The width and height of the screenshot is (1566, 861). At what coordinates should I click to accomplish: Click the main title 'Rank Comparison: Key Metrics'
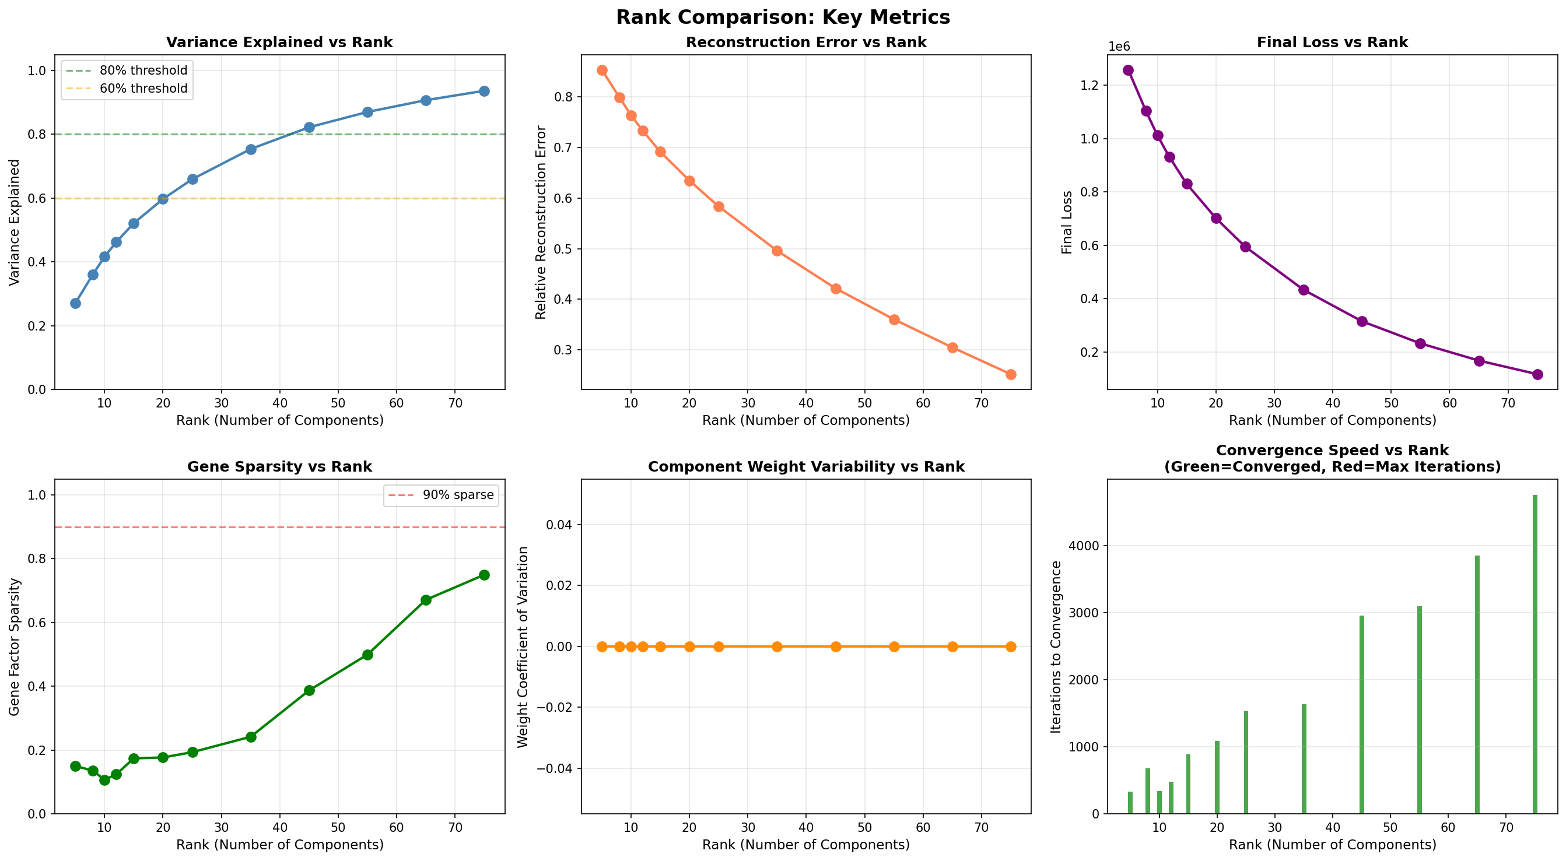click(x=782, y=17)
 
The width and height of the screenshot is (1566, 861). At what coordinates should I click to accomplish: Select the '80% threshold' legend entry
click(x=143, y=71)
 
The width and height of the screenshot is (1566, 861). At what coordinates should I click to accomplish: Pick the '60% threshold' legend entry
click(x=143, y=88)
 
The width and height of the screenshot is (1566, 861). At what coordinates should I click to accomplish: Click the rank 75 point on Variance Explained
click(x=484, y=91)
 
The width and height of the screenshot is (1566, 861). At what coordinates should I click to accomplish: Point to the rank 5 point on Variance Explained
click(x=75, y=303)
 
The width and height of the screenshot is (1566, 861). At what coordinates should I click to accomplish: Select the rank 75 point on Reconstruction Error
click(x=1010, y=374)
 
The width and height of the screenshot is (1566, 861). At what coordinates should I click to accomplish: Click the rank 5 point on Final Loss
click(x=1129, y=70)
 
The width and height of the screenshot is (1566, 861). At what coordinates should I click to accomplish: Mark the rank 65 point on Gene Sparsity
click(x=426, y=600)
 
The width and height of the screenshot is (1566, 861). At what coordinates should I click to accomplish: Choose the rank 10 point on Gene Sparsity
click(x=104, y=779)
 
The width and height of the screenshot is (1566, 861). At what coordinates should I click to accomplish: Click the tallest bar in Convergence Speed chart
click(x=1535, y=654)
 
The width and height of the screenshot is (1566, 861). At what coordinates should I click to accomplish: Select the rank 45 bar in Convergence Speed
click(x=1362, y=715)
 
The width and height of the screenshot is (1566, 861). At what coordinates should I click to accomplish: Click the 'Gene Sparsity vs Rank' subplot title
click(x=279, y=467)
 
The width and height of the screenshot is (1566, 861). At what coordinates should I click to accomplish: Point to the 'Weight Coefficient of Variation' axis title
click(x=523, y=646)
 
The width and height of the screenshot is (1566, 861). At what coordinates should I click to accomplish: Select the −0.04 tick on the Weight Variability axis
click(x=554, y=769)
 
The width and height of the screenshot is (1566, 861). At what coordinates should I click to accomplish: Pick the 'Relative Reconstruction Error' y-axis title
click(x=541, y=222)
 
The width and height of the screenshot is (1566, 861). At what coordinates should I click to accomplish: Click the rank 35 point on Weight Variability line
click(x=777, y=646)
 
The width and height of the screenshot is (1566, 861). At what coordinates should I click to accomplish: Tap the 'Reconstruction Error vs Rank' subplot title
click(x=805, y=42)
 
